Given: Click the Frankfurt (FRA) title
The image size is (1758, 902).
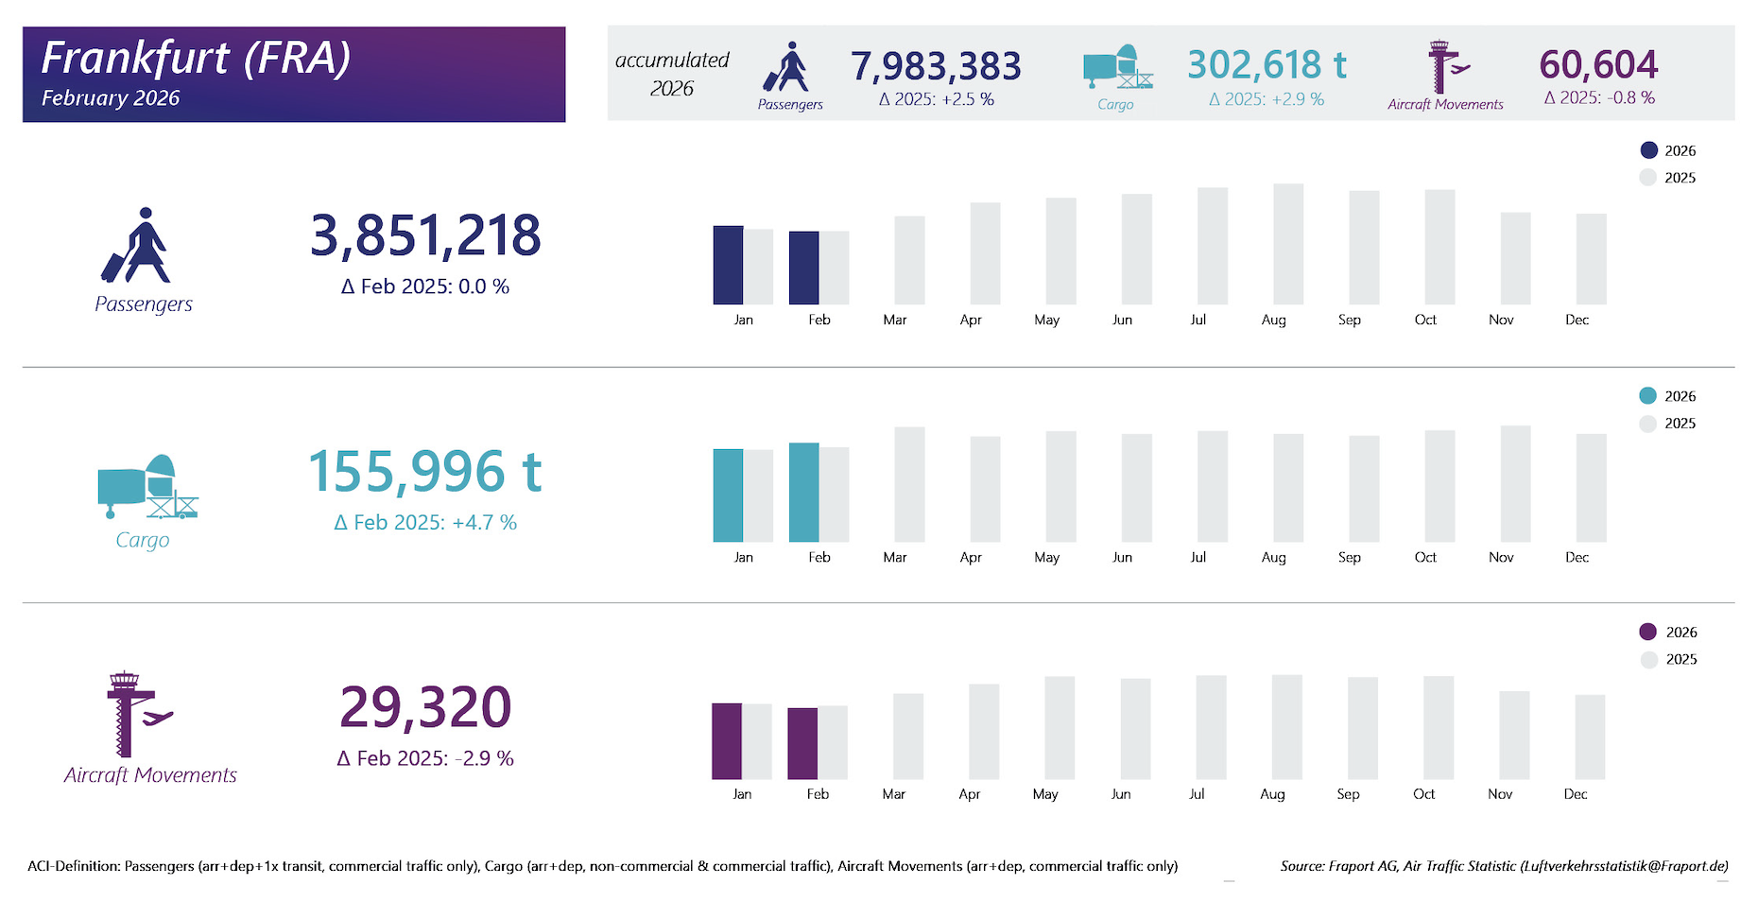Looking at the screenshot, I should click(196, 58).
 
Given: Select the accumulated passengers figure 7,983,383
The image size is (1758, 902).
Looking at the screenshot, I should click(936, 66).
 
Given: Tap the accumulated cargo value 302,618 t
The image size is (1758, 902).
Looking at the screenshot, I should click(1267, 65).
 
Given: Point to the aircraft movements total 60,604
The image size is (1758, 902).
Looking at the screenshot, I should click(1598, 64).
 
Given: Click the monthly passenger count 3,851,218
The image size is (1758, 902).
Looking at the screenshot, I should click(425, 235).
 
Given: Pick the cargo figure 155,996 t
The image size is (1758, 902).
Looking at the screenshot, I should click(425, 472).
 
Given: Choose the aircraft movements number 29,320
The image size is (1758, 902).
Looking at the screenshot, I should click(425, 707).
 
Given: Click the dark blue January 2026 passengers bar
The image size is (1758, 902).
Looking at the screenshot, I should click(728, 265).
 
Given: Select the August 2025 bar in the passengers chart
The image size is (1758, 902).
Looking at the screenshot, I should click(1288, 244).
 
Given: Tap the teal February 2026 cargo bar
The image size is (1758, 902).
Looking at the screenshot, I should click(803, 492).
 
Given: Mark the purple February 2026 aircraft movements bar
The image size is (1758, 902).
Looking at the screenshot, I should click(802, 743).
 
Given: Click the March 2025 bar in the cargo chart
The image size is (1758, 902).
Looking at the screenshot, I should click(909, 484).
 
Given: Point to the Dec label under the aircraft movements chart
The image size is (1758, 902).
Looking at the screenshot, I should click(1576, 794).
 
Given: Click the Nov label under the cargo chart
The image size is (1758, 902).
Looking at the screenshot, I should click(1501, 557).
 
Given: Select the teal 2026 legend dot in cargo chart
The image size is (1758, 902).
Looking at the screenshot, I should click(1647, 396).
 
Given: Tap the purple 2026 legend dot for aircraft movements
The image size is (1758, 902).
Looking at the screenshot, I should click(1648, 632).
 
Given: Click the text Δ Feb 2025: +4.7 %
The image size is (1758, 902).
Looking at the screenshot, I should click(425, 523).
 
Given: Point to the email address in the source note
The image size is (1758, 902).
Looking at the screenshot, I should click(1624, 866).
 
